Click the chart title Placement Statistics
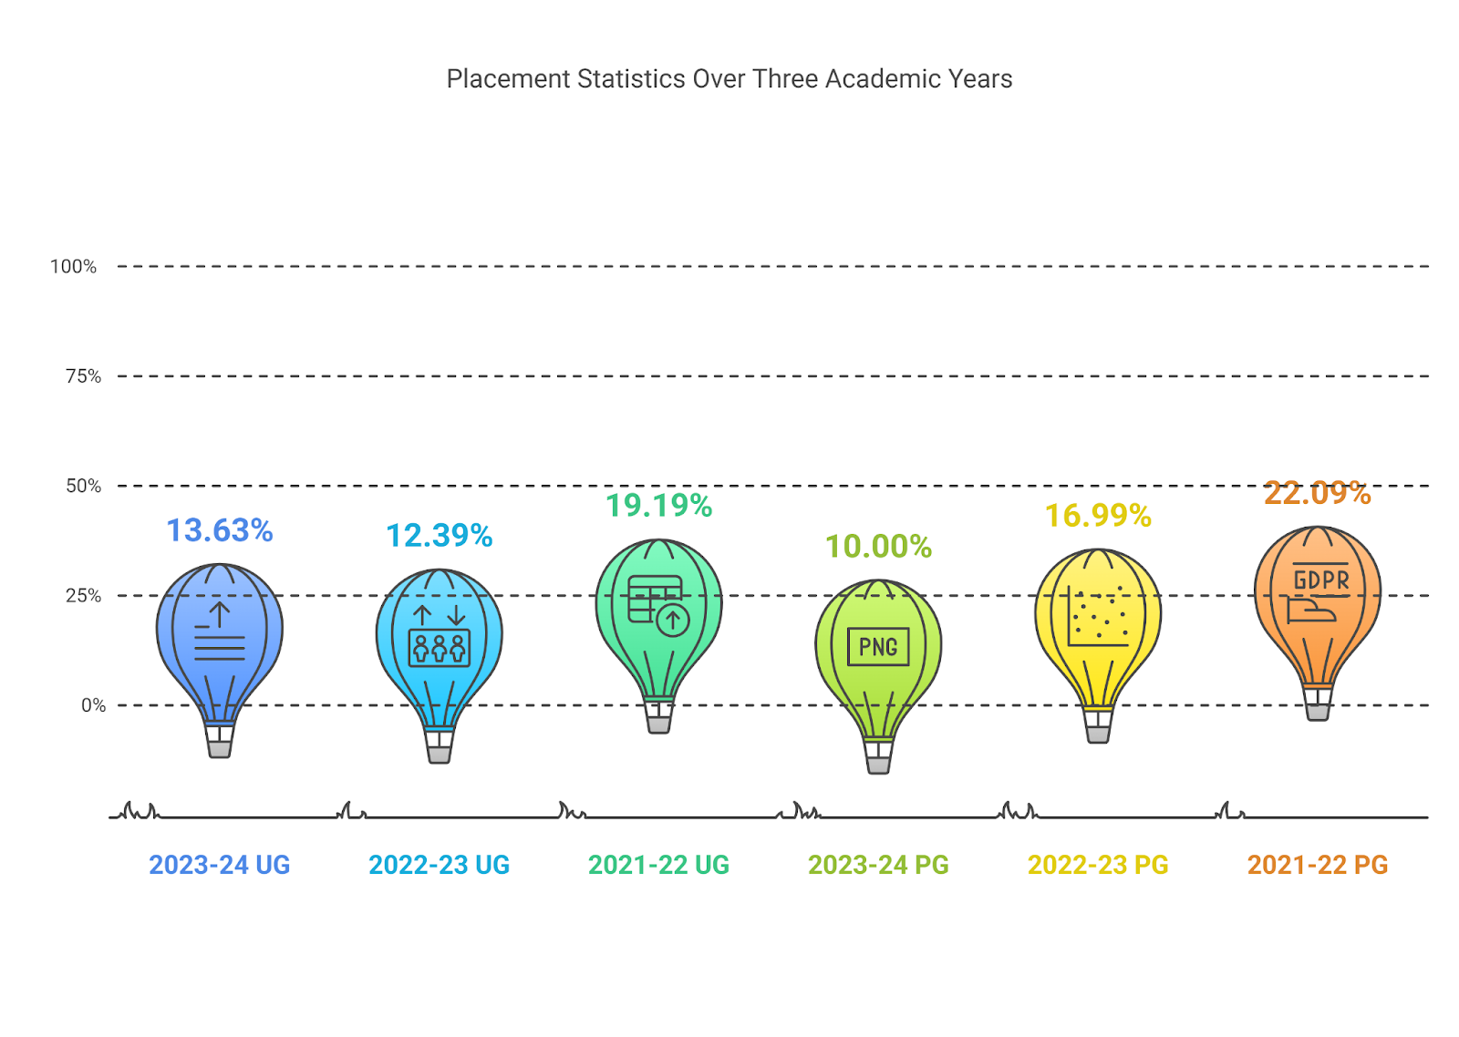tap(729, 79)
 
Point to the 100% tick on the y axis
tap(73, 267)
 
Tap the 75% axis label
tap(83, 376)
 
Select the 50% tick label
tap(83, 486)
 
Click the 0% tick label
tap(93, 705)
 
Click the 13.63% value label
tap(220, 530)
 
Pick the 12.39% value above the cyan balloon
tap(439, 536)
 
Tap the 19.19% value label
tap(658, 506)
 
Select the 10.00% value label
tap(878, 547)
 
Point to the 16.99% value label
tap(1098, 516)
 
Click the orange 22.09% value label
tap(1317, 493)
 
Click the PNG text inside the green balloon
tap(878, 647)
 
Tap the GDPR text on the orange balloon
tap(1321, 580)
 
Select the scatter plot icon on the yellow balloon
tap(1099, 617)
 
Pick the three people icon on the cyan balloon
tap(439, 648)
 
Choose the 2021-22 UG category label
tap(658, 865)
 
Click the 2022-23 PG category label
tap(1098, 865)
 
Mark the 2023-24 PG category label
tap(878, 865)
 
